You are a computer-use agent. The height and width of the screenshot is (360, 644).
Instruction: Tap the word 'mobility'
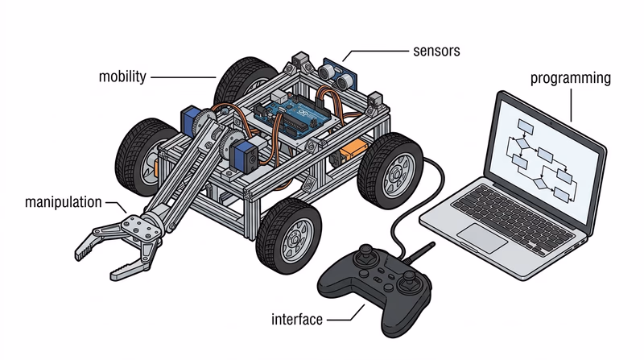pos(122,77)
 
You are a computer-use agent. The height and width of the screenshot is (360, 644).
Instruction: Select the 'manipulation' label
pos(63,201)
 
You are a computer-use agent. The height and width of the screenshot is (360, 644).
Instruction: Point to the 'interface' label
pos(297,320)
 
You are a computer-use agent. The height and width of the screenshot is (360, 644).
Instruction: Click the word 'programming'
pos(570,78)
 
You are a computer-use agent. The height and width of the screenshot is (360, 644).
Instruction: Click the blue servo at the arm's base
pos(192,122)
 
